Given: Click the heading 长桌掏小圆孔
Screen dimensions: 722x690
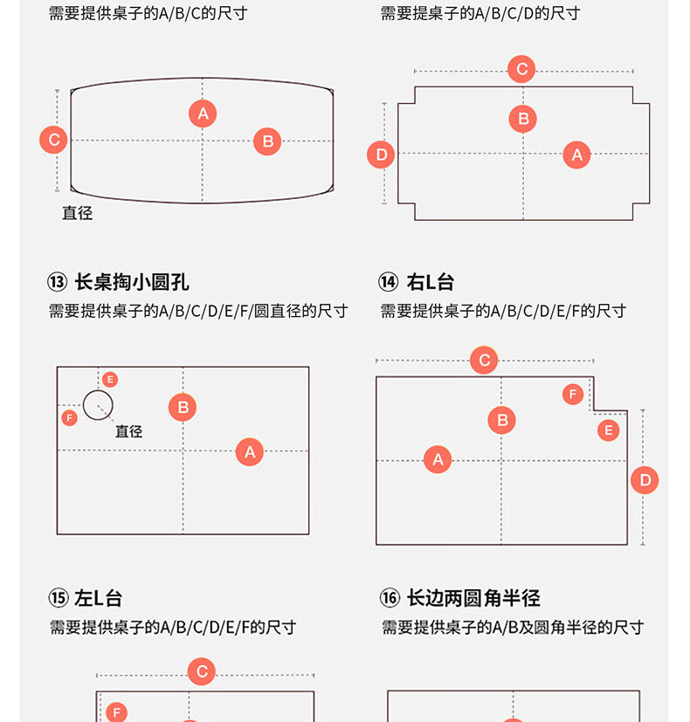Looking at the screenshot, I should (x=131, y=282).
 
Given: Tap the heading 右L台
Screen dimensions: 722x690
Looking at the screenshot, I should (x=431, y=282).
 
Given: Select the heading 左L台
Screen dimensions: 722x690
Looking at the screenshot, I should (x=98, y=598).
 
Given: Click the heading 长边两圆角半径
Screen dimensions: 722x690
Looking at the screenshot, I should (x=473, y=598).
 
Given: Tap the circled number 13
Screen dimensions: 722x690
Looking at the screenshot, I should (x=58, y=282).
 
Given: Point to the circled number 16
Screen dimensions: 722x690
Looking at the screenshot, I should (x=390, y=598).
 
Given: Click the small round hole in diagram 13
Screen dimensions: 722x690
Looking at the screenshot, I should (x=98, y=405).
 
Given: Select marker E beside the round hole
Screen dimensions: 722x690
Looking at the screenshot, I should (x=109, y=379).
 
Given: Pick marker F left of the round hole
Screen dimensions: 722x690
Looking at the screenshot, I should (x=70, y=417).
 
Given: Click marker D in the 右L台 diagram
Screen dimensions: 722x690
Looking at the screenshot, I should (x=645, y=479).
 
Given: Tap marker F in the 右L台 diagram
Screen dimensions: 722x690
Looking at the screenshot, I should (x=573, y=395).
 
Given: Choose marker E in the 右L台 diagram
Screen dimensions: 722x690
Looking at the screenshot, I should (x=608, y=430).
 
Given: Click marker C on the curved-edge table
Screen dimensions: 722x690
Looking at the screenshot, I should (x=54, y=140).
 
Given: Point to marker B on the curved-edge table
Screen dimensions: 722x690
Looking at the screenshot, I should (x=267, y=141).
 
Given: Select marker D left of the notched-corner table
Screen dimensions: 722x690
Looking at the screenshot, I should (x=382, y=155).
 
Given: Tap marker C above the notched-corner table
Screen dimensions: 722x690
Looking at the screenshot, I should (x=521, y=69).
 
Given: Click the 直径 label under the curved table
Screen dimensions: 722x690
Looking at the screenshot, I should (x=77, y=212).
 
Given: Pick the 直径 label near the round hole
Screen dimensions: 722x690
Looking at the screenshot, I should (x=128, y=430).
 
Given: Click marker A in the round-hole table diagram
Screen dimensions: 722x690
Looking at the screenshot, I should (x=250, y=451).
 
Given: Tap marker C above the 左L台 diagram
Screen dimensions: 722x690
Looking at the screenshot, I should (x=202, y=671).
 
